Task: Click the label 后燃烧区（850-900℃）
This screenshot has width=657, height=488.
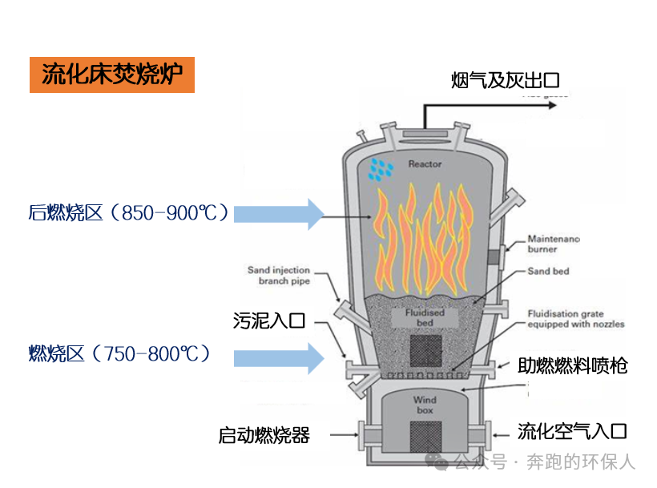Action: (x=129, y=213)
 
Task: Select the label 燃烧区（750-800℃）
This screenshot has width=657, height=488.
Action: (x=119, y=353)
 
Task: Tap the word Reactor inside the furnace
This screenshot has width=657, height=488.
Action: (x=425, y=164)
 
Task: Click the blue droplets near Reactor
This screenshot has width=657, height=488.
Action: (x=381, y=168)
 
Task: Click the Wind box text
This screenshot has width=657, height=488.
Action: (x=425, y=405)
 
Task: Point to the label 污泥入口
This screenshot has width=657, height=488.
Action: (x=269, y=321)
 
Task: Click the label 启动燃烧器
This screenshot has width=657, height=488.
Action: (x=264, y=435)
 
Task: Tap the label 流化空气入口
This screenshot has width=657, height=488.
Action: (x=572, y=432)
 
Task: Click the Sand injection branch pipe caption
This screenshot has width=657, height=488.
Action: (x=278, y=276)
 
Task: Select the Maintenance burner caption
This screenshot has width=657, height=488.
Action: (x=554, y=244)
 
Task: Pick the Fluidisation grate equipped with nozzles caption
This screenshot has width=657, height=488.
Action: (x=575, y=319)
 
